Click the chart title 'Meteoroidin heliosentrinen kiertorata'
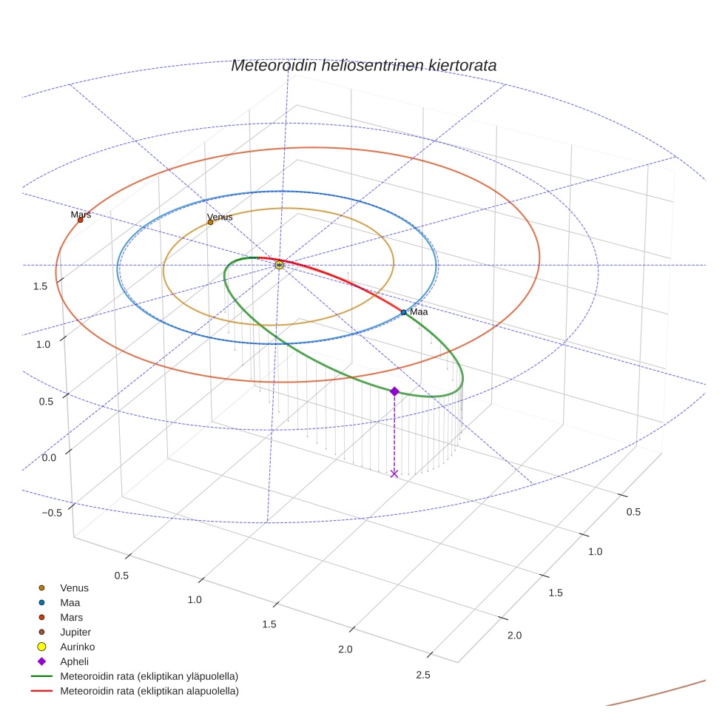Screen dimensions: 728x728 click(363, 65)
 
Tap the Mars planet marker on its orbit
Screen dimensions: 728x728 click(81, 220)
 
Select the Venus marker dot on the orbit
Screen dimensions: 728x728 click(210, 222)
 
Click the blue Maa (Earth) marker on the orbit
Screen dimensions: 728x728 click(403, 312)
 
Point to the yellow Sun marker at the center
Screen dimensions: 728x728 click(279, 265)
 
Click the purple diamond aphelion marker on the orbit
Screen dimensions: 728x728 click(394, 391)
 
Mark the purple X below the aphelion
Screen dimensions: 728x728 click(394, 473)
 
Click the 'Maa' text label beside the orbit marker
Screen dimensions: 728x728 click(419, 312)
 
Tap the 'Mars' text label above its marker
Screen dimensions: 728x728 click(81, 215)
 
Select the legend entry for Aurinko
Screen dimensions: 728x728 click(77, 647)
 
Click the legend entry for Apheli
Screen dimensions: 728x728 click(74, 661)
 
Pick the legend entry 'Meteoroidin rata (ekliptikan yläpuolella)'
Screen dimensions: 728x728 click(149, 676)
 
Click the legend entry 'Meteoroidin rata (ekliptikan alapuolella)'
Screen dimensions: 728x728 click(149, 691)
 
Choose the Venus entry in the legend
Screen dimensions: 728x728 click(74, 588)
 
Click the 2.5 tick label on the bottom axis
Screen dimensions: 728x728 click(423, 674)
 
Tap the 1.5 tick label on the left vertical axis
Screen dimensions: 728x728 click(41, 286)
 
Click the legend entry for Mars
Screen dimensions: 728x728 click(71, 617)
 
